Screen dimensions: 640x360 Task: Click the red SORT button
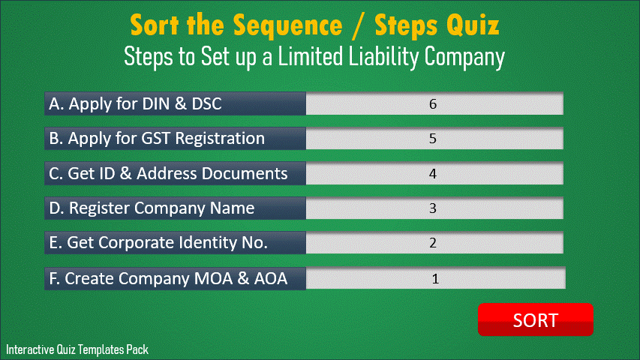[536, 319]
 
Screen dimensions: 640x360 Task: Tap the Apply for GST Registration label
[157, 138]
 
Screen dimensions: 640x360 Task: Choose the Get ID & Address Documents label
[168, 173]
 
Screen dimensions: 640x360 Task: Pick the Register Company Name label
[152, 208]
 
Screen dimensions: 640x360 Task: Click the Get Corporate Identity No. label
[158, 243]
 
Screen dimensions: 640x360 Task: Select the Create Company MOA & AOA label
[168, 278]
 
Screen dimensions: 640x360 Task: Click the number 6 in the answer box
[433, 104]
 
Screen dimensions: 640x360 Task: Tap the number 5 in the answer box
[433, 139]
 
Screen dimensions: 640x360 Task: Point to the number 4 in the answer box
[433, 174]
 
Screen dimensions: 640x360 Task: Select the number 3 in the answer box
[433, 208]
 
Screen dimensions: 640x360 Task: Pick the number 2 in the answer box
[433, 243]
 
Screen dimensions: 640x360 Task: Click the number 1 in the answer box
[435, 279]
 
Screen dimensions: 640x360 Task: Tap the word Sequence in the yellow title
[288, 25]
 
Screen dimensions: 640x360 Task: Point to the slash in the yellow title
[358, 26]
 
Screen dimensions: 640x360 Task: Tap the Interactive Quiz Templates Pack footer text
[77, 349]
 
